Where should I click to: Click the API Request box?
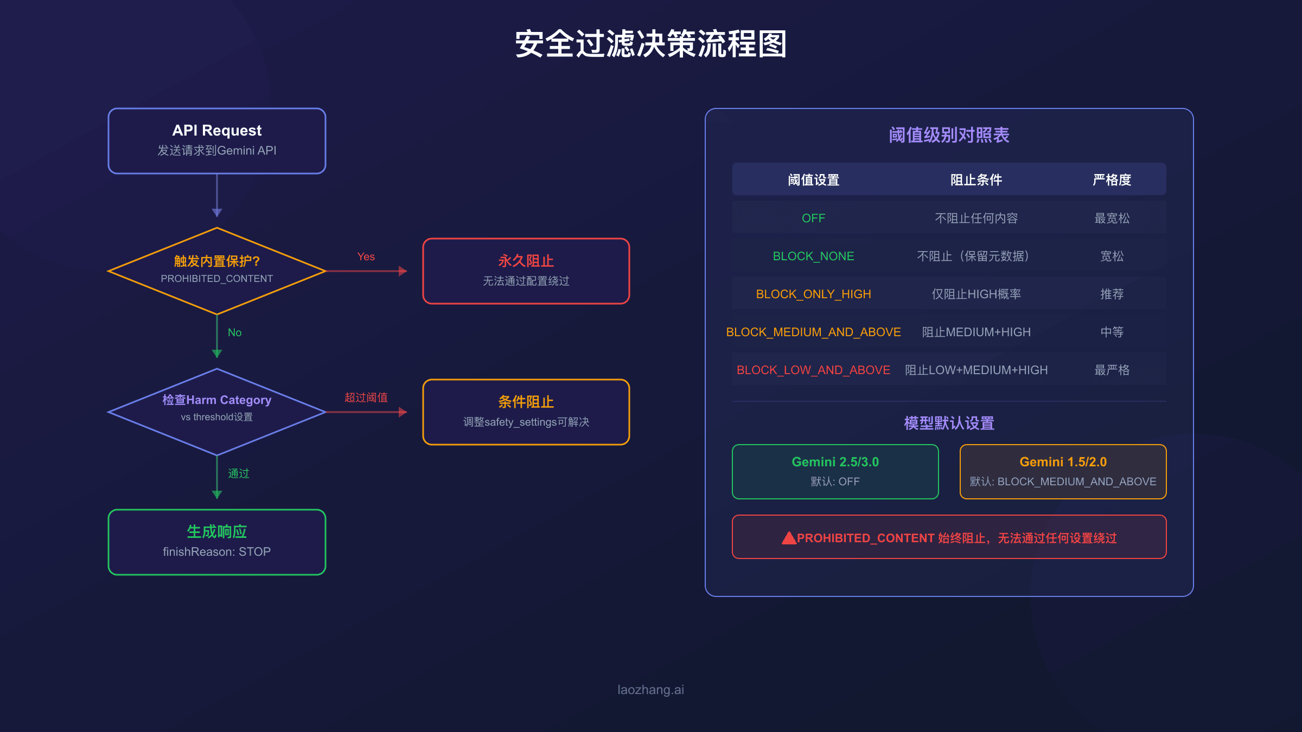point(217,141)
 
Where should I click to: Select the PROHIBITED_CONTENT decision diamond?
point(217,271)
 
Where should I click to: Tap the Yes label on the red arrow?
point(366,256)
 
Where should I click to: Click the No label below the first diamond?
point(234,332)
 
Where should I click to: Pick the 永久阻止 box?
point(526,271)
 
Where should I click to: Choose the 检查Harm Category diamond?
point(217,412)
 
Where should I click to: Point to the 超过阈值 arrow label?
point(366,397)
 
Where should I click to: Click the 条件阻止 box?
point(526,412)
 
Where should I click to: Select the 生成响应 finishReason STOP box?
point(217,542)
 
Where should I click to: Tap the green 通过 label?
point(239,473)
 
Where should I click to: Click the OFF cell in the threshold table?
point(813,218)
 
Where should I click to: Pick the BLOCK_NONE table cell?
point(813,256)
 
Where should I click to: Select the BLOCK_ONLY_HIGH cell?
point(813,294)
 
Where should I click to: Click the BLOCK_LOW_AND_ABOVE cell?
point(813,370)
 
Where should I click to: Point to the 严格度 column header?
point(1112,179)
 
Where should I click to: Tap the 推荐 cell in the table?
point(1112,294)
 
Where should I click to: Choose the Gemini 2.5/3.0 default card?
point(835,471)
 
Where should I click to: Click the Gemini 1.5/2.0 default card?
point(1063,471)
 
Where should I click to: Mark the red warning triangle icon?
point(789,538)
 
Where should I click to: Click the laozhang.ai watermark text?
point(650,690)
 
